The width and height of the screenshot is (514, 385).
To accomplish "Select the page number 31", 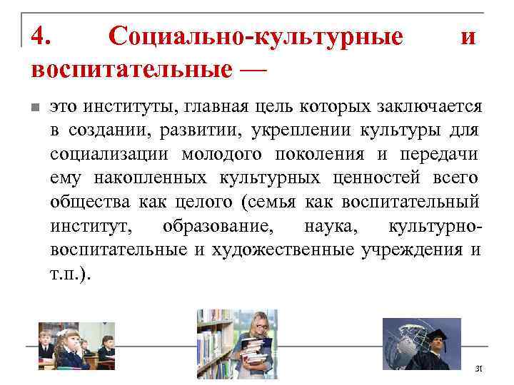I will coord(479,368).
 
